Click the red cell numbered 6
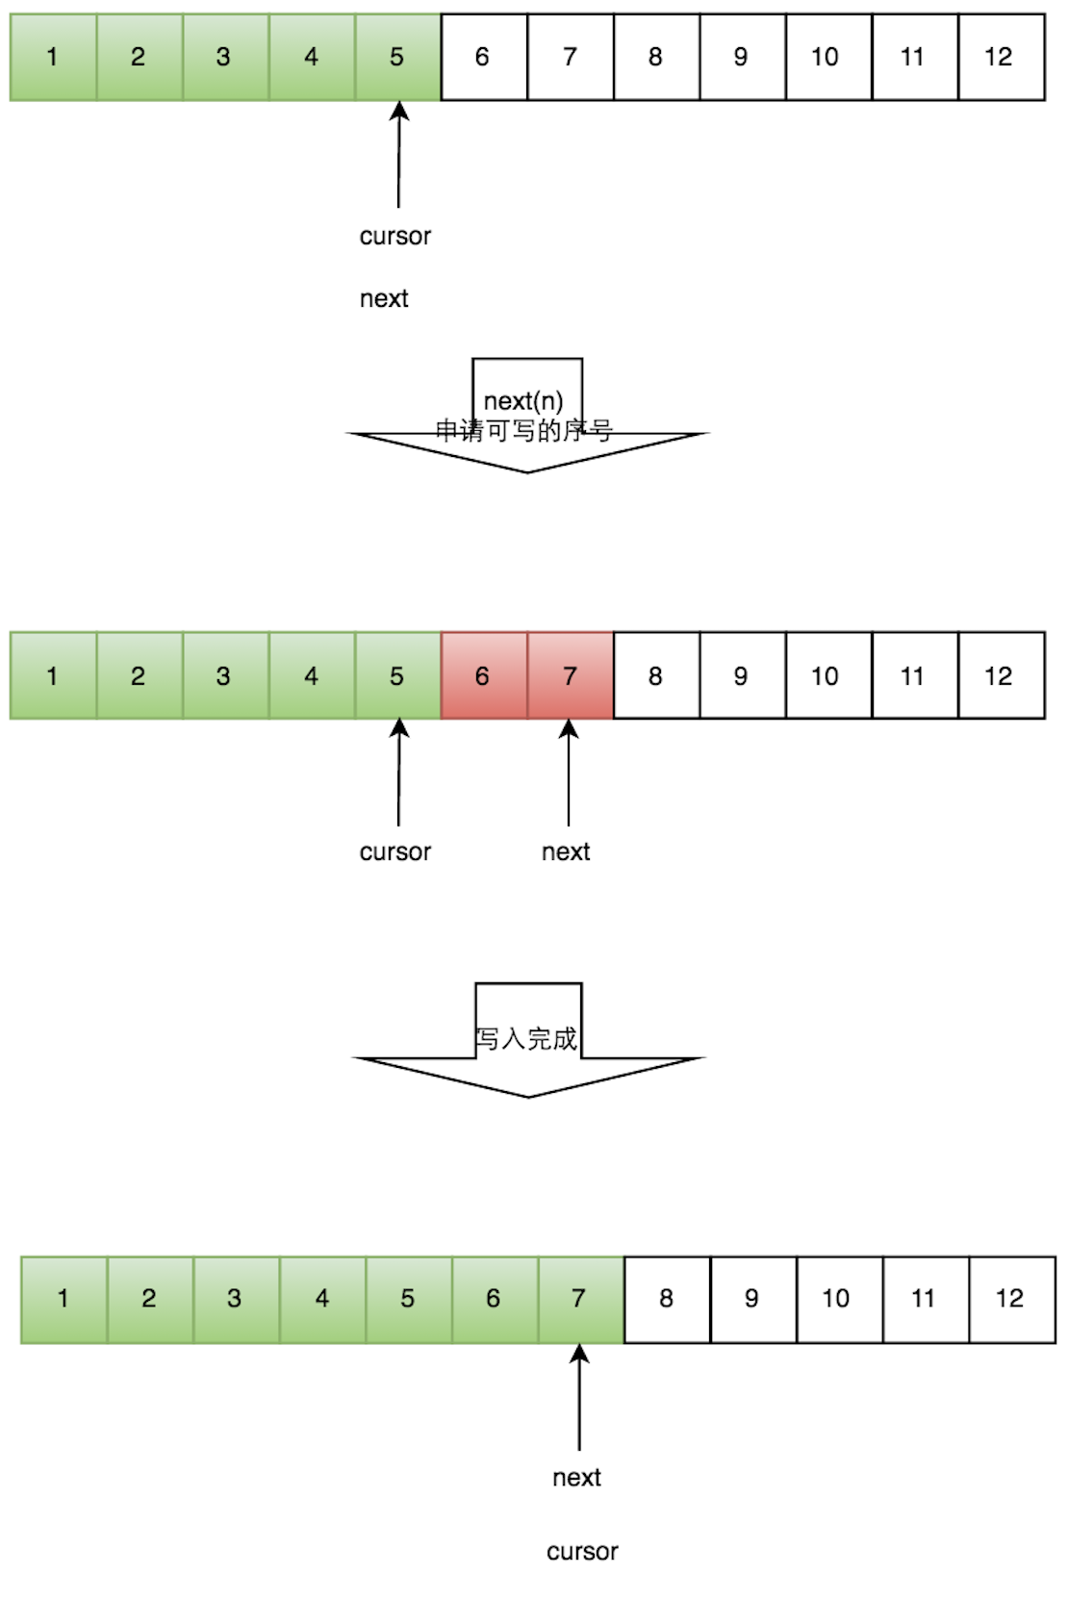(x=484, y=675)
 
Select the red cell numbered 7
(x=570, y=675)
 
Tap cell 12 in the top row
(x=1001, y=57)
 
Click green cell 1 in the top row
(x=53, y=57)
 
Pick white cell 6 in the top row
(x=484, y=57)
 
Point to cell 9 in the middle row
(x=742, y=675)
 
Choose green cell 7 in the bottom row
(x=580, y=1299)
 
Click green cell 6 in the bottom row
(x=495, y=1299)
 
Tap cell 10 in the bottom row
(x=838, y=1299)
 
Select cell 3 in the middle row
(x=224, y=675)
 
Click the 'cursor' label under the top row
(x=395, y=236)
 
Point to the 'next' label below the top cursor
(x=384, y=299)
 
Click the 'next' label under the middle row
(x=566, y=851)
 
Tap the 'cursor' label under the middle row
(x=395, y=851)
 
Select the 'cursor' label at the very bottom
(x=582, y=1551)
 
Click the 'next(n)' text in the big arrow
(x=523, y=400)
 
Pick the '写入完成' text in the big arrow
(x=526, y=1038)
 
